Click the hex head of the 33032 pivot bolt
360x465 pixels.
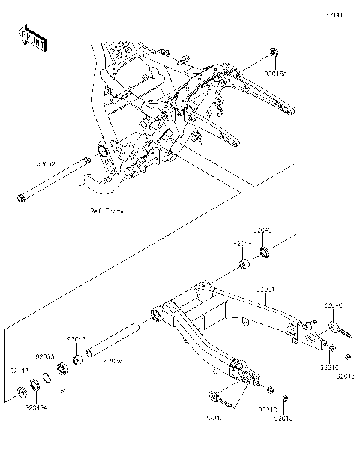(x=20, y=199)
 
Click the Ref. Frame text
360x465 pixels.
(x=105, y=212)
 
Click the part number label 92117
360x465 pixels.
(x=19, y=369)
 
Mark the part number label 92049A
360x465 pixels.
(x=35, y=408)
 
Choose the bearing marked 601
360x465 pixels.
(x=62, y=368)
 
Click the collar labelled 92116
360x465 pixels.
(x=244, y=265)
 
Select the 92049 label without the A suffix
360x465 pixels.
(x=262, y=231)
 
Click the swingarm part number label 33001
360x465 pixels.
(x=266, y=288)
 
